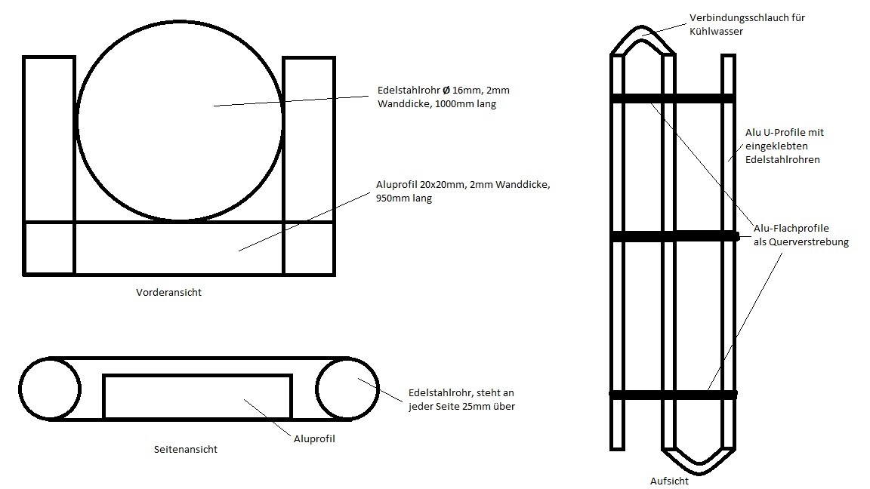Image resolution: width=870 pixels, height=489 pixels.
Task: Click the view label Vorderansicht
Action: (x=168, y=292)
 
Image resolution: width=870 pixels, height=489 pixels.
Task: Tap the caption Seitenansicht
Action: (x=185, y=449)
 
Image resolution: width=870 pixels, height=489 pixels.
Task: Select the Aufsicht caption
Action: (x=669, y=481)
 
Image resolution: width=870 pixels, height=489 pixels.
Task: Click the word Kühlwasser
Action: (x=716, y=32)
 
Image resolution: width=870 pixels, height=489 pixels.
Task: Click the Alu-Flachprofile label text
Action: (x=791, y=228)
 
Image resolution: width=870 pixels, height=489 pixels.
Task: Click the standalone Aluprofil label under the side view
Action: (x=314, y=438)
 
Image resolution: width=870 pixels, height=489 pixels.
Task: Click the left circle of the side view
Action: (x=20, y=388)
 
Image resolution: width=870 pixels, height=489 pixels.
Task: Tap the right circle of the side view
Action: (x=378, y=388)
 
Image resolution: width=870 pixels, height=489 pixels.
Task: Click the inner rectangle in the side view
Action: (x=103, y=396)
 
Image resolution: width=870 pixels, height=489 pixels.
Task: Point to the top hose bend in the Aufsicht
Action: (x=643, y=27)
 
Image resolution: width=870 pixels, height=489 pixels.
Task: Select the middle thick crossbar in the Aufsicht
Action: (x=674, y=236)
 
